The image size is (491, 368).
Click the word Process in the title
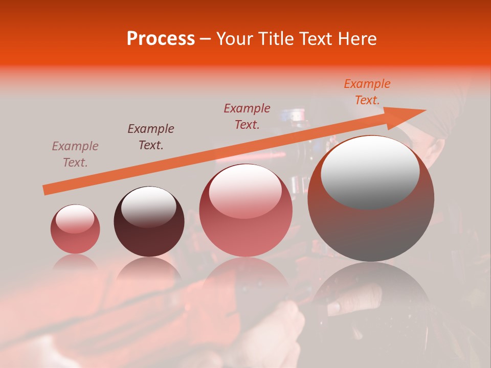(x=161, y=39)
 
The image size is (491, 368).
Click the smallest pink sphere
(x=75, y=229)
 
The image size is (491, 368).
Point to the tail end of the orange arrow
(x=46, y=190)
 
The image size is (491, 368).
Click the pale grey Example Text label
(x=75, y=154)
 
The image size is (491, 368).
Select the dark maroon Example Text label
(x=151, y=137)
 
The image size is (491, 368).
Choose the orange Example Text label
(x=367, y=92)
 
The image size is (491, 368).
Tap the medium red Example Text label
(x=247, y=117)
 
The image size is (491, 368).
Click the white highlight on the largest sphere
(x=370, y=171)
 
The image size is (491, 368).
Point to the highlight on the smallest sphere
(x=75, y=218)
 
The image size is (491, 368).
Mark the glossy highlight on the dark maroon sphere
(x=148, y=206)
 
